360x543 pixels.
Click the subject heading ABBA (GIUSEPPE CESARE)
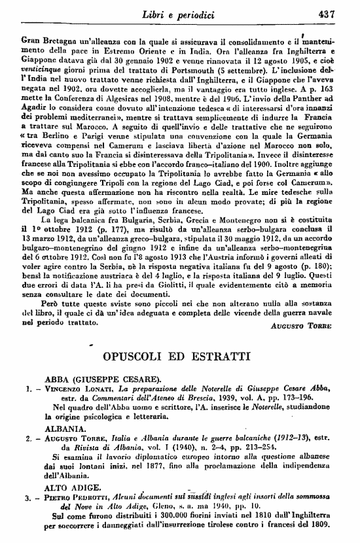coord(97,379)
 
